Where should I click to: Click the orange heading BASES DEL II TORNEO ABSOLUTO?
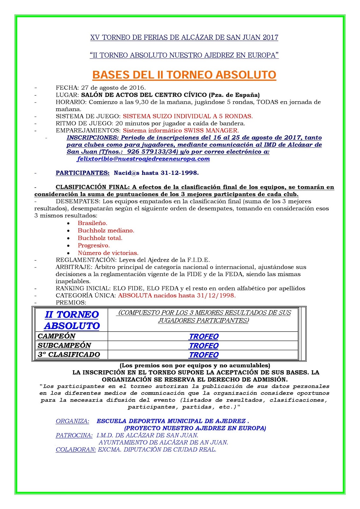pos(184,75)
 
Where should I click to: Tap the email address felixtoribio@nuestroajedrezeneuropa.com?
pos(143,159)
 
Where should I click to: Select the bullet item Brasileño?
pos(92,223)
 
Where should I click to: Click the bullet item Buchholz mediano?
pos(106,230)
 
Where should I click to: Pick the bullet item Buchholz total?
pos(100,238)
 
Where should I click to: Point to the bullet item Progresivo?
pos(94,245)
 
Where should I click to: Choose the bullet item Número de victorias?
pos(108,253)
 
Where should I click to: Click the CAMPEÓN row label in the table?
pos(56,336)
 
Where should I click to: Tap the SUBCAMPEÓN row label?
pos(64,345)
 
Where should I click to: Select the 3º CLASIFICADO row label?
pos(69,355)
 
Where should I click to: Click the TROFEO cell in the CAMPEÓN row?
pos(204,337)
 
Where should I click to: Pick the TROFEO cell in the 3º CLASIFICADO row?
pos(204,355)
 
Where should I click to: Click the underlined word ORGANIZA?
pos(72,421)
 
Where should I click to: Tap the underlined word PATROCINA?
pos(74,435)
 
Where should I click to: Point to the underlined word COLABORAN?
pos(76,450)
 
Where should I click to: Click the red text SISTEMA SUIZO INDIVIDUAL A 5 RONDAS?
pos(188,116)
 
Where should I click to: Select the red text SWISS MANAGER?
pos(211,130)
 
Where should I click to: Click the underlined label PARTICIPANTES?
pos(82,173)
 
